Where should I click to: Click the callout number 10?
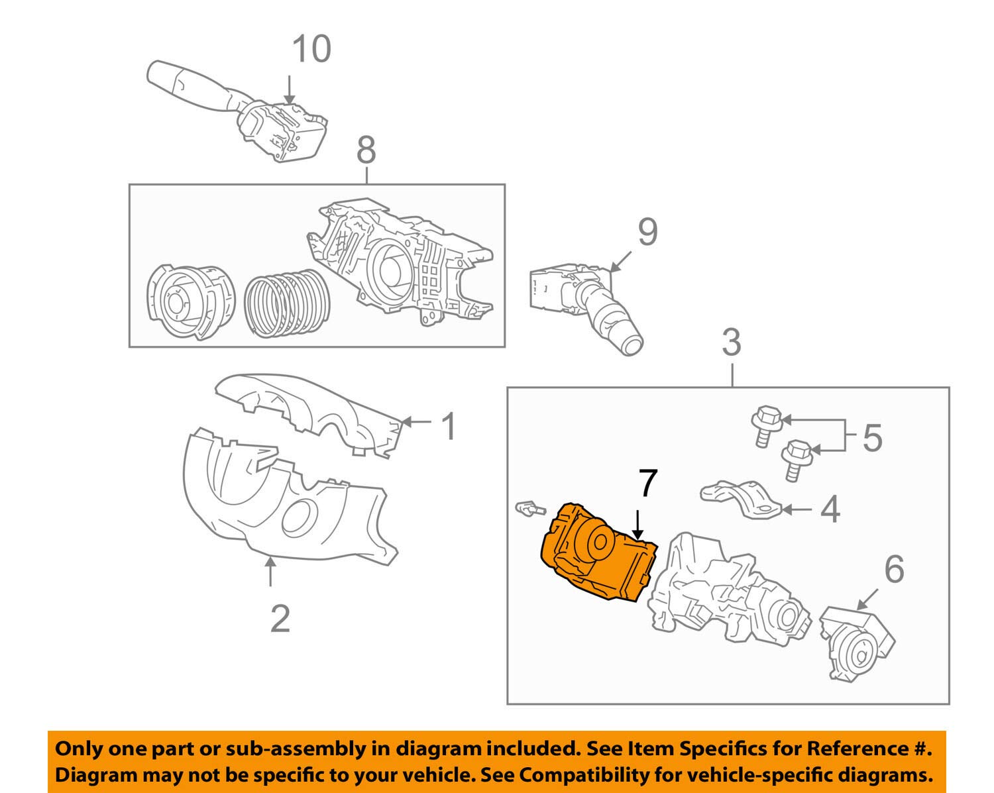click(311, 50)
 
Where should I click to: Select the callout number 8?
click(366, 150)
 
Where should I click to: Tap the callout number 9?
click(647, 232)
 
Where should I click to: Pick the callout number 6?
click(894, 569)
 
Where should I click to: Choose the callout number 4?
click(830, 509)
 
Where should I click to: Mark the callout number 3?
click(730, 343)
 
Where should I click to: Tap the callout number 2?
click(280, 619)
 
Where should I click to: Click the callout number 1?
click(449, 426)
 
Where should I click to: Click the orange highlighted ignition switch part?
click(596, 553)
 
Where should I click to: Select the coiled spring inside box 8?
click(286, 304)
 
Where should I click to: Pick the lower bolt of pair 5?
click(795, 458)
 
